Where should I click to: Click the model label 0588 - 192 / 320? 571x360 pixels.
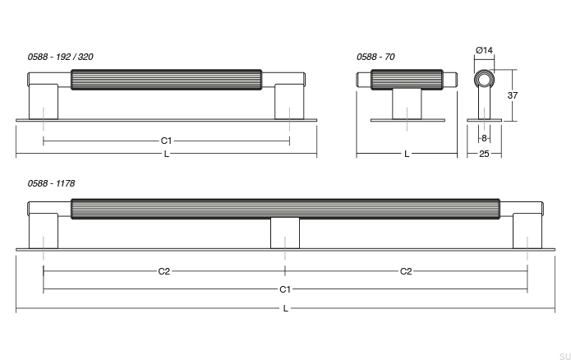tap(60, 58)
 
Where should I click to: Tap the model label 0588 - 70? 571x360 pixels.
tap(375, 58)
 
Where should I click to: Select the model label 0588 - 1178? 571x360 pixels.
tap(50, 183)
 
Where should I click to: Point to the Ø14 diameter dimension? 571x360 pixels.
tap(484, 51)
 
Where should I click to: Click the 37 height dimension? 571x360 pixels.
tap(513, 95)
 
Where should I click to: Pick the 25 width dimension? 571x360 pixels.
tap(484, 154)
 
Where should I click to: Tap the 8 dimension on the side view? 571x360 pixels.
tap(484, 138)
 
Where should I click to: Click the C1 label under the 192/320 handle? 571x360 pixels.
tap(166, 141)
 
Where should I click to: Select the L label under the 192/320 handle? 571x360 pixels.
tap(166, 154)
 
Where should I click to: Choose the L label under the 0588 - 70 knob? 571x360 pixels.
tap(407, 154)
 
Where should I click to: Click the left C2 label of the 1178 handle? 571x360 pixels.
tap(163, 271)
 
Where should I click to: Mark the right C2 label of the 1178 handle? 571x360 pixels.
tap(406, 271)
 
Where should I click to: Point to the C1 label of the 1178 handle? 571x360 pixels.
tap(285, 289)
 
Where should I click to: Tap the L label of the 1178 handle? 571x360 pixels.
tap(285, 309)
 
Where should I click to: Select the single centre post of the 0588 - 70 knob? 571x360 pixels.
tap(407, 104)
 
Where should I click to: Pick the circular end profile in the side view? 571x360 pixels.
tap(484, 80)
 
